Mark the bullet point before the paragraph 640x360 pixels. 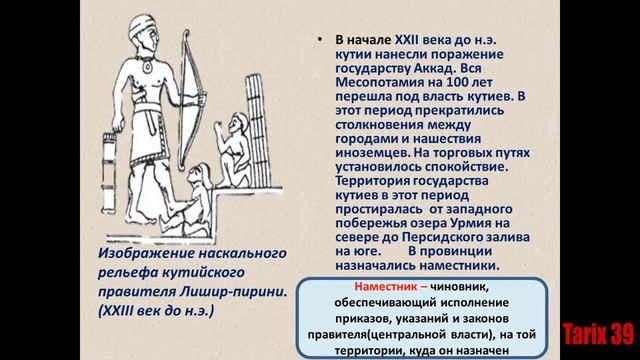click(317, 41)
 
